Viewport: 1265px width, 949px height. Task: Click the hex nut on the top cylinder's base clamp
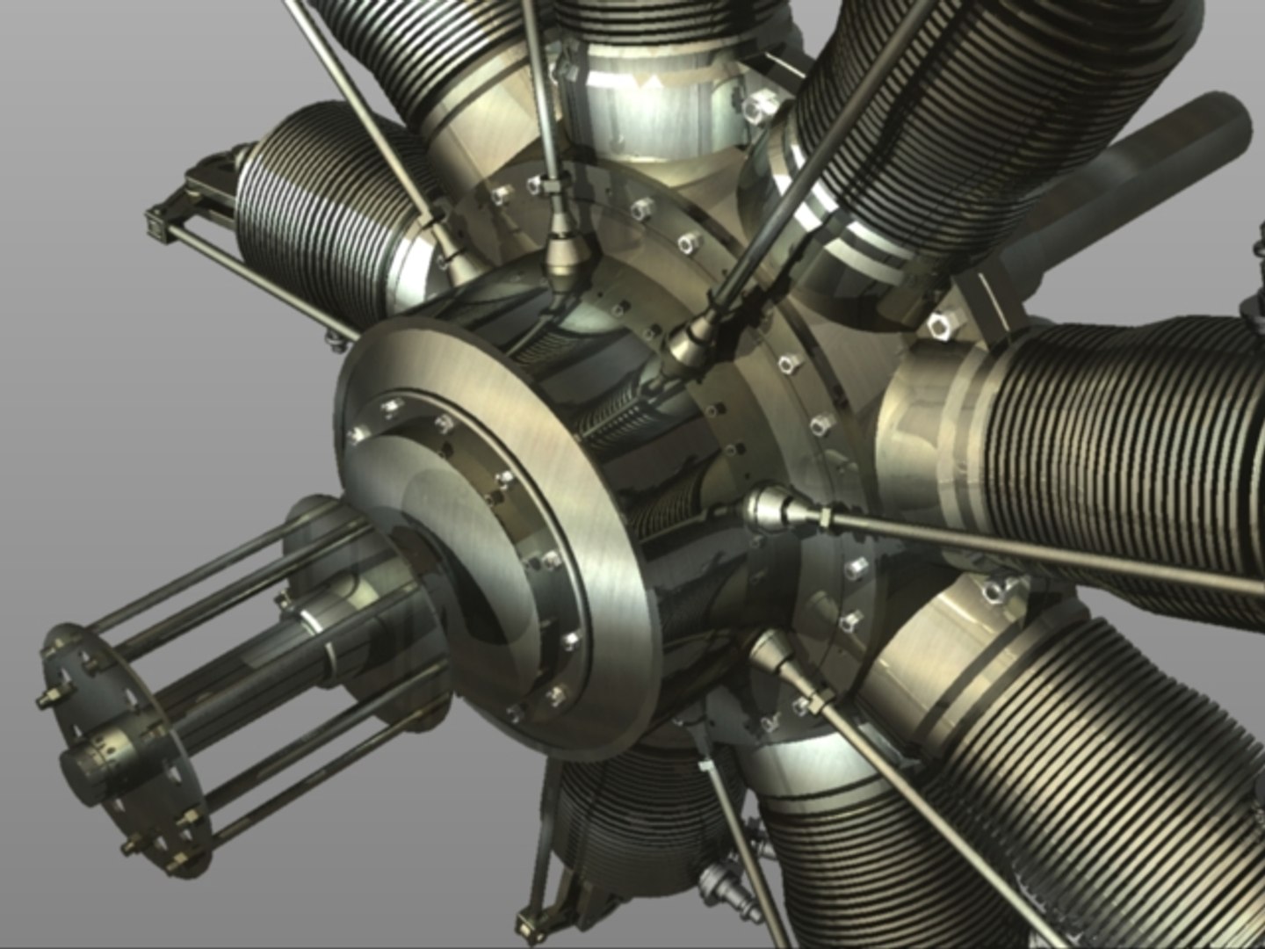(x=754, y=109)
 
